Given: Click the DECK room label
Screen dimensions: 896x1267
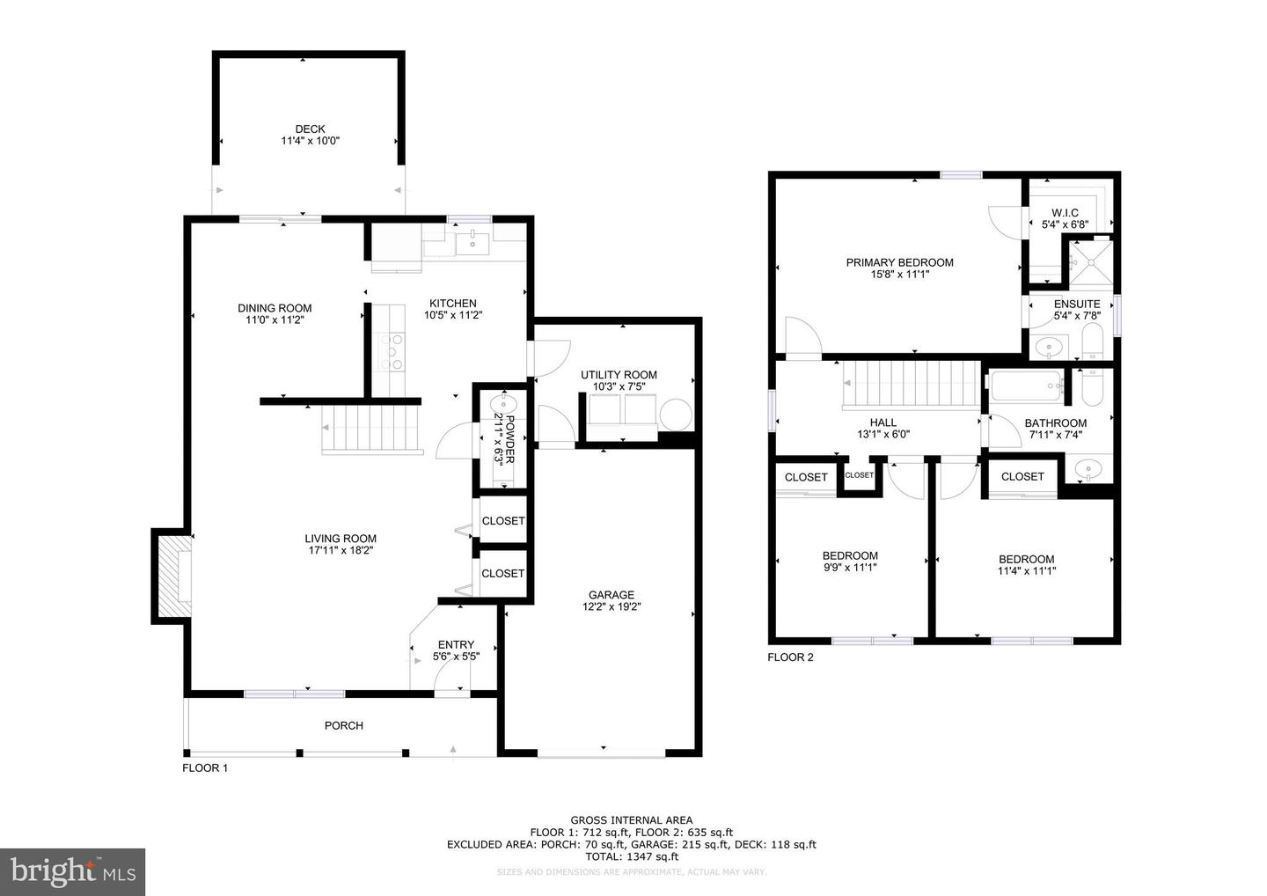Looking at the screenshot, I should point(310,129).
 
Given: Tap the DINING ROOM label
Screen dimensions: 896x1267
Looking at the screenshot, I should point(275,308).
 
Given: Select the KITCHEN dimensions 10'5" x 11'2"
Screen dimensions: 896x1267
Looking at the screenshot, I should point(452,315).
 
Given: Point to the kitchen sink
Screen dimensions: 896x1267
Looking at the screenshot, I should point(473,239).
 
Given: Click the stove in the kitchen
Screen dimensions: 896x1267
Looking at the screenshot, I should point(392,350).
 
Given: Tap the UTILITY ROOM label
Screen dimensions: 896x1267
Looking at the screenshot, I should point(619,375).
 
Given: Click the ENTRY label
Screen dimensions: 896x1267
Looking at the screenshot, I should point(456,644).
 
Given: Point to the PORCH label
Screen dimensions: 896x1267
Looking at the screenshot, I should point(343,725).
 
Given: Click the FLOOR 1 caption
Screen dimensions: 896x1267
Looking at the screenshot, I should point(205,767).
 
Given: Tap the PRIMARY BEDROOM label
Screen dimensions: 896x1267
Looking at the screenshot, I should point(899,262).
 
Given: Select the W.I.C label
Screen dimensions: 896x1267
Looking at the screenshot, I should point(1065,213).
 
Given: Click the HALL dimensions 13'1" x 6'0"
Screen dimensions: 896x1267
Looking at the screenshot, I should point(883,434).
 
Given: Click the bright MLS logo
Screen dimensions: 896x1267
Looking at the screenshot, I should point(72,872).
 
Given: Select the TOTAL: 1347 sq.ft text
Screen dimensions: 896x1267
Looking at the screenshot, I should point(631,856).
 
